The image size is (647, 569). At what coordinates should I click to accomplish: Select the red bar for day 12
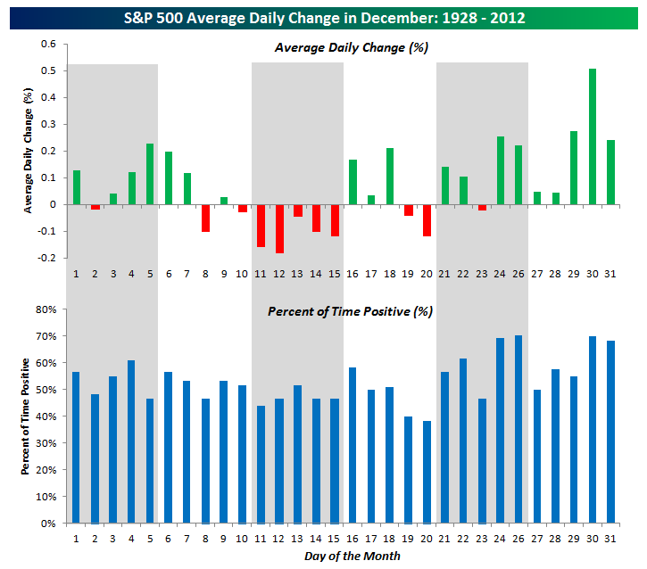[x=279, y=228]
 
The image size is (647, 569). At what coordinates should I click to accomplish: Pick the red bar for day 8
[x=205, y=218]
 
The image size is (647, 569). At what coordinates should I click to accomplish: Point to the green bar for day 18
[x=390, y=176]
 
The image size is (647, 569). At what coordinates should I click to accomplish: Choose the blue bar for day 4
[x=131, y=441]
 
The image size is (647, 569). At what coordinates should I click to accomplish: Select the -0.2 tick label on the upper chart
[x=46, y=258]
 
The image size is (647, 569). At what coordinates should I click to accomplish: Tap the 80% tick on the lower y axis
[x=46, y=309]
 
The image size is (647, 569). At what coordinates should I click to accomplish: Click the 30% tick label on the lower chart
[x=46, y=443]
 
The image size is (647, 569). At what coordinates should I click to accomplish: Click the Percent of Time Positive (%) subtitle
[x=344, y=312]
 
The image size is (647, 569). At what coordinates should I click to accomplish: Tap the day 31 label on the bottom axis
[x=611, y=539]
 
